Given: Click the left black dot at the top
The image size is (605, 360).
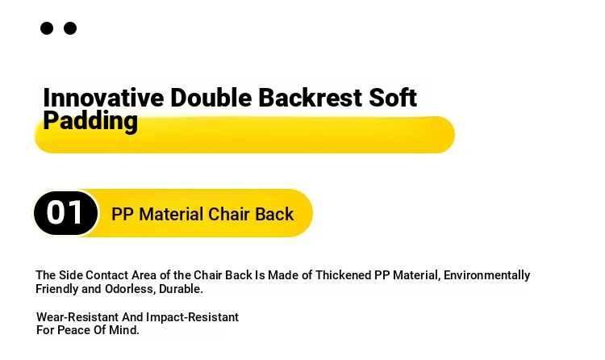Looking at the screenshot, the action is [47, 28].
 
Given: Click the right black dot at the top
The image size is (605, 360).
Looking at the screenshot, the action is [70, 28].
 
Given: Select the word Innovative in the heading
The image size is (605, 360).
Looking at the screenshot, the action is [103, 98].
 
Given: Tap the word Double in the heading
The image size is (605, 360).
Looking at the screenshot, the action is [211, 98].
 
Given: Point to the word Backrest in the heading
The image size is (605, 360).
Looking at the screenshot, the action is [311, 98].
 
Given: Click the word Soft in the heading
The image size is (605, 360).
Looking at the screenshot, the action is [393, 98].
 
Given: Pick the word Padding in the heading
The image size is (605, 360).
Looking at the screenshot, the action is [90, 121].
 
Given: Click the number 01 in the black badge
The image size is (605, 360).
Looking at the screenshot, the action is [65, 212].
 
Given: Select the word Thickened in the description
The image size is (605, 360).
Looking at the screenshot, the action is [343, 275].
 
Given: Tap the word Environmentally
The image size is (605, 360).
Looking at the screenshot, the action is [486, 275].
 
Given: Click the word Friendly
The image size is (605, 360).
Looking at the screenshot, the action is [57, 289].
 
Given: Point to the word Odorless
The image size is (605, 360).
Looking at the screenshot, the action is [130, 289].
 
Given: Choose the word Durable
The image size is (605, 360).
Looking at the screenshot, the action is [181, 289].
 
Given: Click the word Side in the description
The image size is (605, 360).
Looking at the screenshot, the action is [71, 275].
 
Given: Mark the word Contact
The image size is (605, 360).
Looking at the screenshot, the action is [106, 275].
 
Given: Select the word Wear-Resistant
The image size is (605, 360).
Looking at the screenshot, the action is [77, 317].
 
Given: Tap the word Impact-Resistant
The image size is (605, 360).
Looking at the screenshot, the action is [192, 317].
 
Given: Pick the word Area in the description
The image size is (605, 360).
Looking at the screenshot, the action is [144, 275].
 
